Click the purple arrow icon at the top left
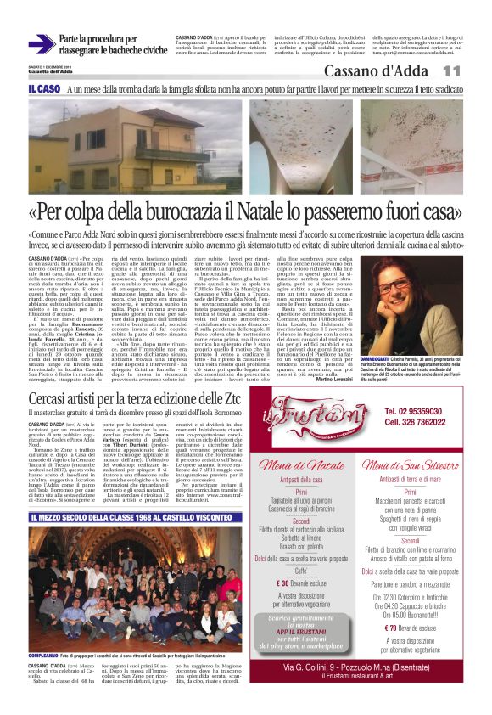41,43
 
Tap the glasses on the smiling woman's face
398,279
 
